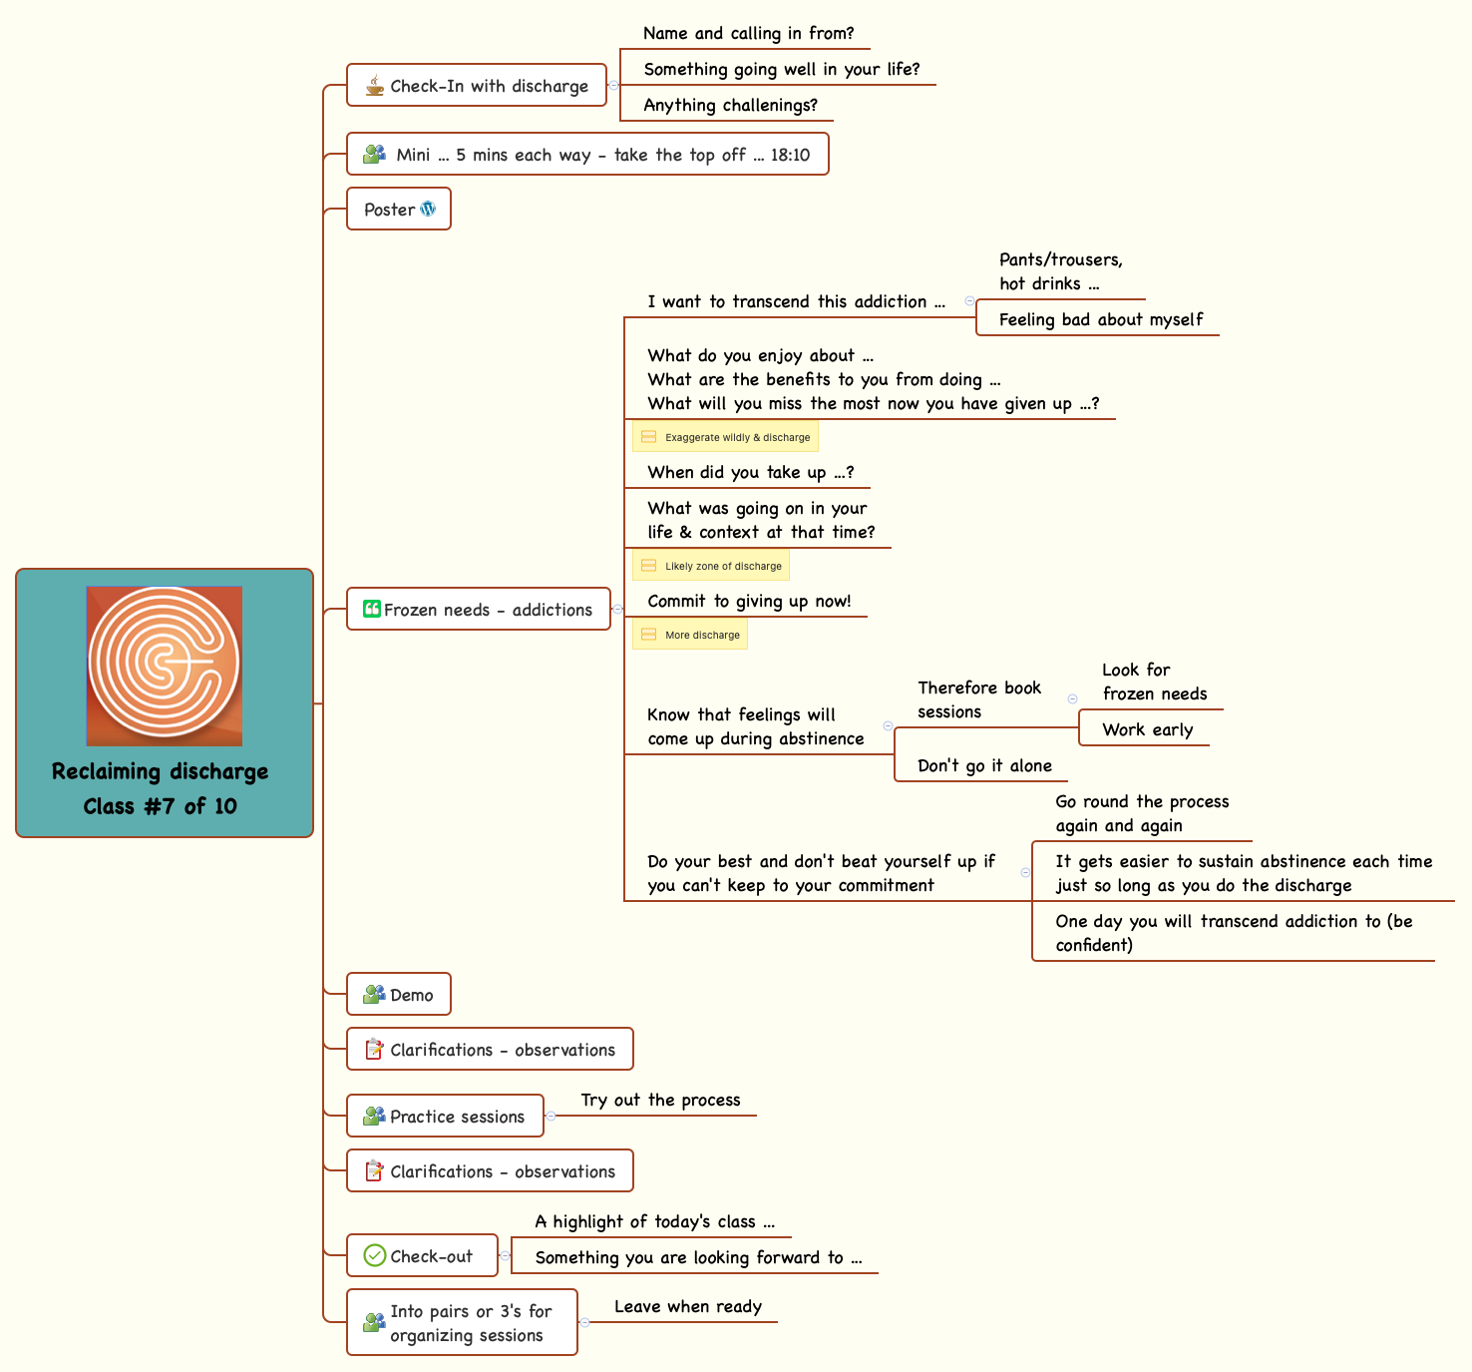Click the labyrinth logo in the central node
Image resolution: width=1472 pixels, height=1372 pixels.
tap(165, 665)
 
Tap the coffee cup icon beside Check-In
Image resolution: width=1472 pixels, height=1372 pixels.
tap(374, 86)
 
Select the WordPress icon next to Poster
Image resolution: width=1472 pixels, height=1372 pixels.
tap(428, 210)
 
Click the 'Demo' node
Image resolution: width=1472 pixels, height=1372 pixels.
tap(399, 995)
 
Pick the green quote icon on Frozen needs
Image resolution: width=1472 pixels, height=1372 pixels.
tap(371, 609)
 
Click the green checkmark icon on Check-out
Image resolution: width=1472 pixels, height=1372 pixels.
tap(375, 1255)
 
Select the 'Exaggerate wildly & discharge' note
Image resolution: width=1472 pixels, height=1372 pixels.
tap(725, 437)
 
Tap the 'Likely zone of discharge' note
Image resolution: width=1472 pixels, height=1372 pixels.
tap(711, 566)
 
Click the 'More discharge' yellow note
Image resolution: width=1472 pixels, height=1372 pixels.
tap(690, 635)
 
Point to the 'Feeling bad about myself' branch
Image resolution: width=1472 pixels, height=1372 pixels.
tap(1100, 319)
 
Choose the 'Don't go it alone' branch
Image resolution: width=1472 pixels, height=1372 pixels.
tap(984, 765)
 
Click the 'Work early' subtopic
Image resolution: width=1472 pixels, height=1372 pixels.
tap(1147, 729)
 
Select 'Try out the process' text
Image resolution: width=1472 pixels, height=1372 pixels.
tap(660, 1100)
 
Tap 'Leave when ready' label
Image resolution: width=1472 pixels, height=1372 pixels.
tap(687, 1306)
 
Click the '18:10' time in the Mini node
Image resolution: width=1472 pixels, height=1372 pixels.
tap(790, 155)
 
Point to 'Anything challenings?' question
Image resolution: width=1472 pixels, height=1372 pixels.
tap(730, 105)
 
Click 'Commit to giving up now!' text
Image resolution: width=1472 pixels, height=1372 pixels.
tap(749, 601)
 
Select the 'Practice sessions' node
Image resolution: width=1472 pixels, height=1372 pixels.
tap(445, 1117)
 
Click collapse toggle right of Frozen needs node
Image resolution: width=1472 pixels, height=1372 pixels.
tap(617, 609)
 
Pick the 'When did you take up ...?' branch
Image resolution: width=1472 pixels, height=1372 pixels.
tap(750, 472)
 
